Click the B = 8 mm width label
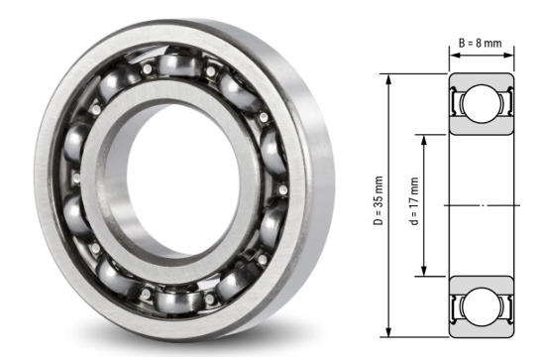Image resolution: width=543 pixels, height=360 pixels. point(481,43)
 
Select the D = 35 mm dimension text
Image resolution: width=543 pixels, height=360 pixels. point(378,202)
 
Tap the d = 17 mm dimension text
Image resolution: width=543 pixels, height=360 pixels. point(414,203)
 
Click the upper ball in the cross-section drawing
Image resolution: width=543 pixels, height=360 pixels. point(482,103)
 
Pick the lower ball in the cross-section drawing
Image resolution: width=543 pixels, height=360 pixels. point(482,303)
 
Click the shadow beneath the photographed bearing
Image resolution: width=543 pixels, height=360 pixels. point(198,342)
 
